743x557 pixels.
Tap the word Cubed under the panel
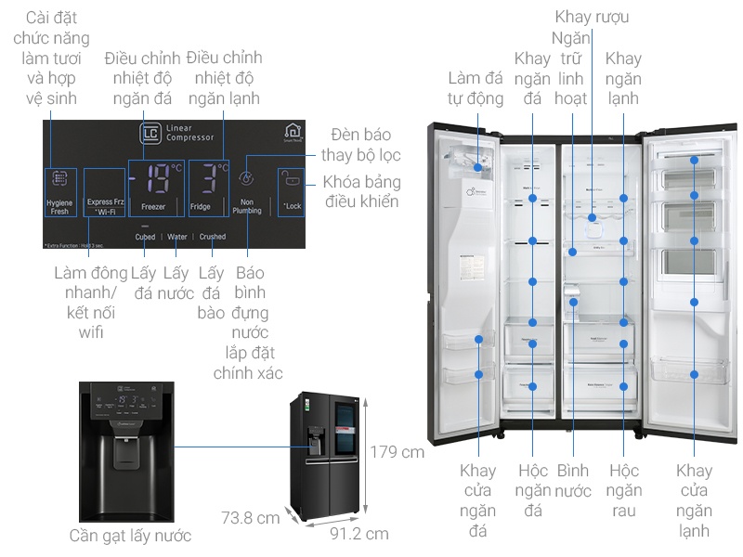145,237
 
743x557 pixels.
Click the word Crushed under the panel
212,237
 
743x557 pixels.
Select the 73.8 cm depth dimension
250,517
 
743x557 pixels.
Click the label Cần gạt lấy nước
130,536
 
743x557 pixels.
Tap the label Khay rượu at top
592,17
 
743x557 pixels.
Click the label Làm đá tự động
475,87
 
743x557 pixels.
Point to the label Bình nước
573,480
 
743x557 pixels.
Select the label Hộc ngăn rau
624,490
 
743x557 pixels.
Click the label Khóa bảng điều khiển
360,191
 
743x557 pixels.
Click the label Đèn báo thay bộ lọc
361,145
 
